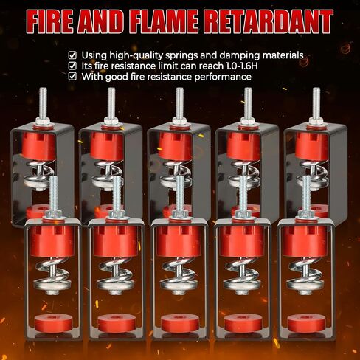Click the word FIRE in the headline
tap(50, 21)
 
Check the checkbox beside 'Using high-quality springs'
tap(72, 55)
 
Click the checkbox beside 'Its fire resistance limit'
tap(72, 66)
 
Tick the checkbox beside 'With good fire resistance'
tap(72, 77)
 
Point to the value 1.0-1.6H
tap(242, 66)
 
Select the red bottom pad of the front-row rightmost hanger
tap(305, 322)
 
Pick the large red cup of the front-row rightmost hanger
tap(305, 240)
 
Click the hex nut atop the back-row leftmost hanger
tap(43, 121)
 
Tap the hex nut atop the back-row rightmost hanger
tap(316, 121)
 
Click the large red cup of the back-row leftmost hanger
tap(38, 146)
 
